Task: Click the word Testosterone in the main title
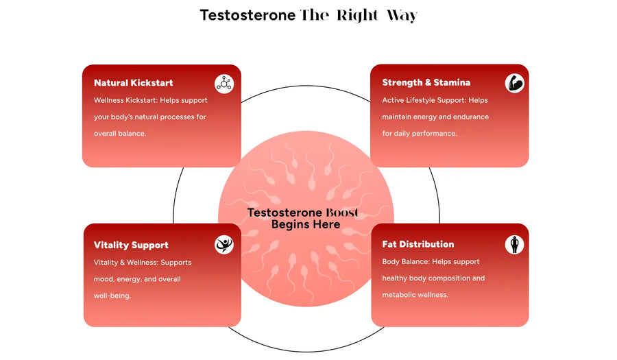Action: (247, 15)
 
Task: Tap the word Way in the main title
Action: (402, 16)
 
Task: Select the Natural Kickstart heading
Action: (134, 82)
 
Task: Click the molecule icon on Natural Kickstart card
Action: (224, 84)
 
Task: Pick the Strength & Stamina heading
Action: (426, 82)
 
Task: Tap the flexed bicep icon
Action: (514, 83)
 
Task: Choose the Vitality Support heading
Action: (131, 245)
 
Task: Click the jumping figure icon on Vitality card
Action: (224, 245)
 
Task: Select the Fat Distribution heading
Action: (418, 244)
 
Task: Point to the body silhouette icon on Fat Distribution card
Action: (514, 244)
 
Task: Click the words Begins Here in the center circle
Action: (306, 224)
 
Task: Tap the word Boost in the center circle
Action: (336, 213)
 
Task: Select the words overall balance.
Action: (120, 134)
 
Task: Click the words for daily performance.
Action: (420, 134)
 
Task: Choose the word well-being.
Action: (112, 296)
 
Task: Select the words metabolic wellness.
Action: (415, 295)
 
